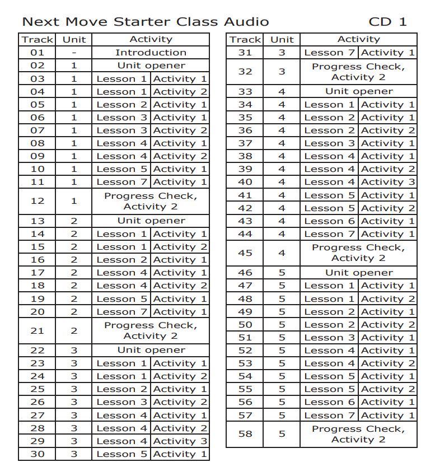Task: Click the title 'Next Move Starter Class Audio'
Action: click(145, 22)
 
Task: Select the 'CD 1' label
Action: click(387, 22)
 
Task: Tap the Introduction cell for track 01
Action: click(151, 53)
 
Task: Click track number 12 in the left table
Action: click(37, 201)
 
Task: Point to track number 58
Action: click(245, 434)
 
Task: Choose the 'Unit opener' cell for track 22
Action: click(151, 350)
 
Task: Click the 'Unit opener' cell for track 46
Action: click(359, 273)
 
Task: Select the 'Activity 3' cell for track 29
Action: click(180, 441)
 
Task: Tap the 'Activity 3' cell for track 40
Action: click(388, 182)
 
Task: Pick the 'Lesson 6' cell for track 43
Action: click(329, 221)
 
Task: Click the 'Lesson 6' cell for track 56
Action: click(329, 402)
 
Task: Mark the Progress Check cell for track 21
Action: click(151, 330)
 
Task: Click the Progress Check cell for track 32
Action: click(359, 72)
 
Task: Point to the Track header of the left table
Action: click(37, 39)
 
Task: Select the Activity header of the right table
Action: click(359, 39)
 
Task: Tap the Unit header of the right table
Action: click(282, 39)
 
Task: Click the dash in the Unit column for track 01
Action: click(74, 53)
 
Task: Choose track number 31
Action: click(245, 53)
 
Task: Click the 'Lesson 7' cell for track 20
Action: click(121, 312)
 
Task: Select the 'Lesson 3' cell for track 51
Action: click(329, 338)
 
